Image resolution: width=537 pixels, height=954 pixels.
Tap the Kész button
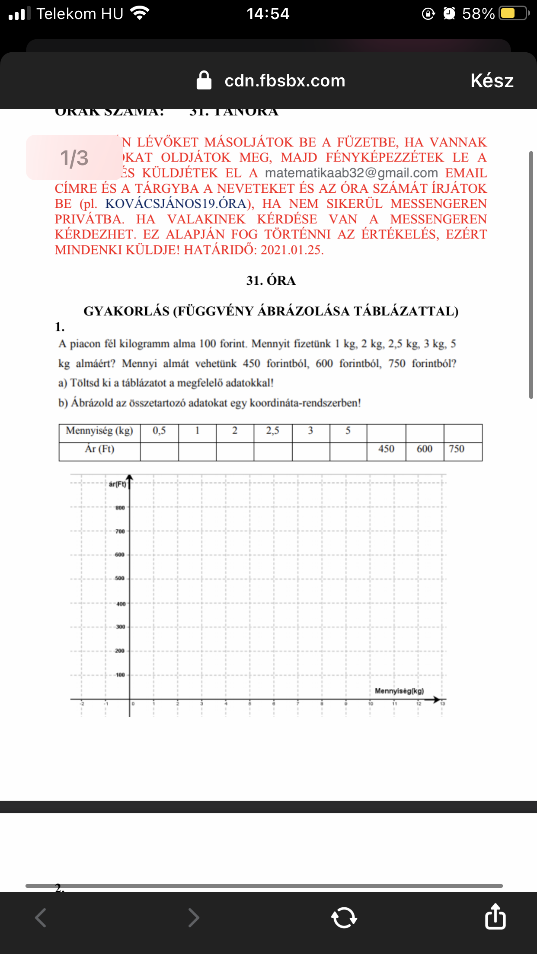click(492, 81)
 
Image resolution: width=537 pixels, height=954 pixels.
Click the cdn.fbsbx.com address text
click(285, 81)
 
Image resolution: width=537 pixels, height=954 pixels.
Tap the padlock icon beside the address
click(204, 80)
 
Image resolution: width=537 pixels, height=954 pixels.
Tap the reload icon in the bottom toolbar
click(344, 917)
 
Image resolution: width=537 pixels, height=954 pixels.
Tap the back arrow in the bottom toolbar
click(41, 917)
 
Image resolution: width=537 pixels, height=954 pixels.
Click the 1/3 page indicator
click(74, 158)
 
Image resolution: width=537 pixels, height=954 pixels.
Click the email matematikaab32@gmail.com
click(351, 173)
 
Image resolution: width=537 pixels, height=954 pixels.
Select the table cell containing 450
click(386, 449)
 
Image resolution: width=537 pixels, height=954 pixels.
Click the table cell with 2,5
click(272, 431)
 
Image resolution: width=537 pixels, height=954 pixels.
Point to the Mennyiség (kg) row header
click(99, 431)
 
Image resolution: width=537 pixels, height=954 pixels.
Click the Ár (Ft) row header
click(99, 449)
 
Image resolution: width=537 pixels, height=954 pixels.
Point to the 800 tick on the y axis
click(120, 508)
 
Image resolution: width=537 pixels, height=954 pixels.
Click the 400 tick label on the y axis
click(121, 604)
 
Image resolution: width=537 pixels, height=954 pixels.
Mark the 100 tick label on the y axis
click(120, 675)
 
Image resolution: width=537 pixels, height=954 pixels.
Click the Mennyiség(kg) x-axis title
click(399, 691)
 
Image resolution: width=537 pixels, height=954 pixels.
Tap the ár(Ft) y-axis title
click(117, 484)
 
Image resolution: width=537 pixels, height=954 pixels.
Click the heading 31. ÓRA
click(271, 281)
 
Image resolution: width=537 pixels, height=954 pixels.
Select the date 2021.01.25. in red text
click(292, 250)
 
